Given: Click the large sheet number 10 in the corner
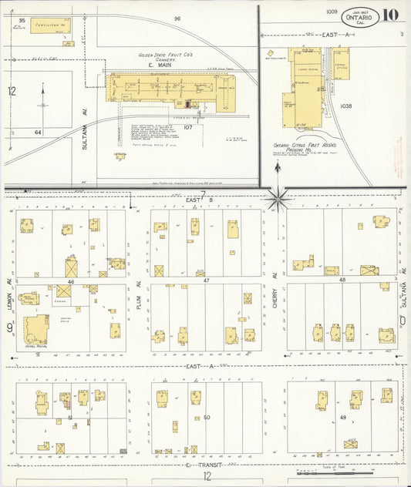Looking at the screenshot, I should (x=389, y=15).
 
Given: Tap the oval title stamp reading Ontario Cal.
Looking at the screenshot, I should (x=360, y=15).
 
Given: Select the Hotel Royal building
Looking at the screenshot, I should (x=35, y=330).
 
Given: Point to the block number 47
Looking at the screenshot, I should (x=206, y=281).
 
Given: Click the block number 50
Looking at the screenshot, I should (x=206, y=417).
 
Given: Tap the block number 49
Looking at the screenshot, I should (x=342, y=417).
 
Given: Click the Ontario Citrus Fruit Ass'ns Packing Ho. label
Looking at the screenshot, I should (x=306, y=148).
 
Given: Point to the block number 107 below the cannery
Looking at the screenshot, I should (x=187, y=126).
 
